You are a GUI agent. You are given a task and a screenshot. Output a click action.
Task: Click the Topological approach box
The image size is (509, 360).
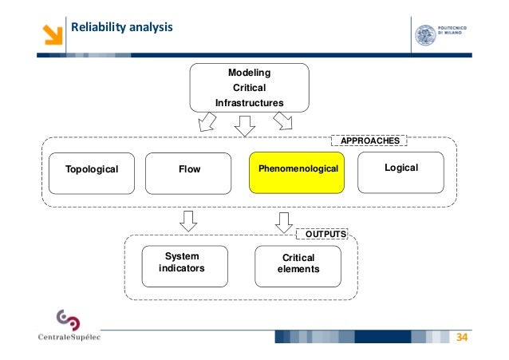[92, 169]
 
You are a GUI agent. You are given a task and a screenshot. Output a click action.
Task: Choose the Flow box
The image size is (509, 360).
[189, 169]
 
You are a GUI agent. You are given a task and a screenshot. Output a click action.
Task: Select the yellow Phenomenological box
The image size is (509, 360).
[297, 169]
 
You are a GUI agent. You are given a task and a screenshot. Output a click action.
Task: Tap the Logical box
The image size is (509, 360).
[400, 168]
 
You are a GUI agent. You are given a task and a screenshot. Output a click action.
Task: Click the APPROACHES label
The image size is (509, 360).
[369, 140]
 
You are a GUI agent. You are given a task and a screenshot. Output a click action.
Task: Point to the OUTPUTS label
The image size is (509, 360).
[322, 235]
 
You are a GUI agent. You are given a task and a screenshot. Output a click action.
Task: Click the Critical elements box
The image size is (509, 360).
[298, 263]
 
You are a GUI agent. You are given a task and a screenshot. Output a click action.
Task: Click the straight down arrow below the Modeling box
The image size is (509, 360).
[244, 125]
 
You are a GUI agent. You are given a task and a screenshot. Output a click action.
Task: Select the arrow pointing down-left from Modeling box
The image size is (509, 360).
[207, 121]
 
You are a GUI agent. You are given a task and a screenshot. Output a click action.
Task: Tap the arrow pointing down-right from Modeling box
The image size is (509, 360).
[283, 121]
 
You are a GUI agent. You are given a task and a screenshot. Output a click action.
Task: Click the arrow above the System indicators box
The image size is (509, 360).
[188, 220]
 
